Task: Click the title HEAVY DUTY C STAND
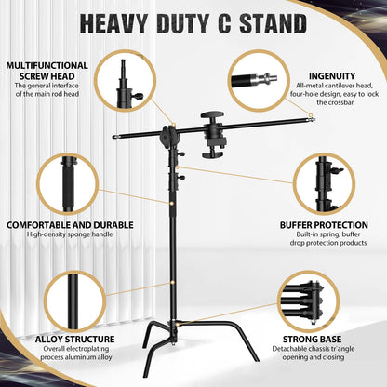click(x=193, y=22)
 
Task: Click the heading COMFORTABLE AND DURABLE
click(x=70, y=224)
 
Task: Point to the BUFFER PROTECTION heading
click(x=324, y=224)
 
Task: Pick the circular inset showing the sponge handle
click(x=70, y=186)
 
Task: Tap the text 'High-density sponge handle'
click(x=69, y=234)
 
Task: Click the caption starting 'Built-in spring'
click(x=324, y=239)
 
